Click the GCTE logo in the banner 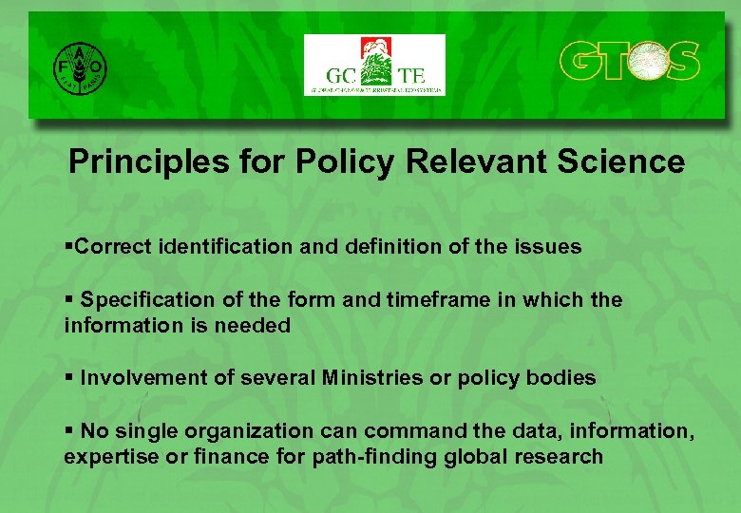point(374,66)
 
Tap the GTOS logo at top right point(629,62)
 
